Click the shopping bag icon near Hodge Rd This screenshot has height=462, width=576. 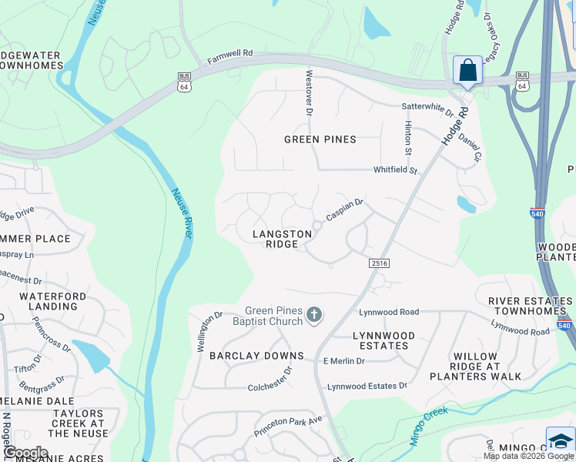coord(467,71)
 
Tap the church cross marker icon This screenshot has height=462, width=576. coord(313,314)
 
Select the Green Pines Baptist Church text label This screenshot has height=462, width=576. coord(274,316)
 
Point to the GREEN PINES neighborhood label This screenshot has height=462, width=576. coord(320,139)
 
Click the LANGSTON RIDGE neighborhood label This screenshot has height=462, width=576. coord(281,239)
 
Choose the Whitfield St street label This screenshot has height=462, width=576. coord(394,170)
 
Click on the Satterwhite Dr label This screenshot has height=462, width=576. coord(427,109)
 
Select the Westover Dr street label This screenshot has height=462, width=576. coord(310,92)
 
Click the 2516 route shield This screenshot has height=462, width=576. coord(379,263)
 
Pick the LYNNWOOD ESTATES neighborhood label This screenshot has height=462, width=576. coord(383,340)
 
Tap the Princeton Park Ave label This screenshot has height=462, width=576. coord(293,420)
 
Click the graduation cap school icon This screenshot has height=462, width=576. coord(561,441)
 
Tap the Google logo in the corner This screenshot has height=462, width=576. coord(26,452)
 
